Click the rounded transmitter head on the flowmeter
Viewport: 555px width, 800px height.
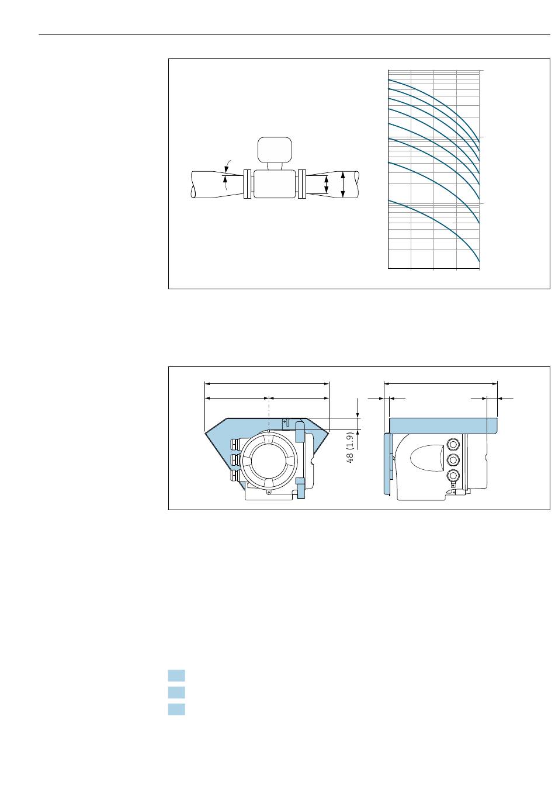(x=274, y=149)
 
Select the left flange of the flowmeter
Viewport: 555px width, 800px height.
(x=247, y=183)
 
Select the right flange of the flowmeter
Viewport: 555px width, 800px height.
(x=301, y=183)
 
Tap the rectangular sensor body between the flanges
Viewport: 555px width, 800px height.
(x=274, y=183)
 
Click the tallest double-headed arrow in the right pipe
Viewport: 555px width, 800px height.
(x=342, y=184)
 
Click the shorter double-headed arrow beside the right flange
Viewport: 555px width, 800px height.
(x=326, y=184)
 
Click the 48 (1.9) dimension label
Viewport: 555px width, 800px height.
(x=350, y=448)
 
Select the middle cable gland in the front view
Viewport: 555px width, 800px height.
(x=235, y=459)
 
